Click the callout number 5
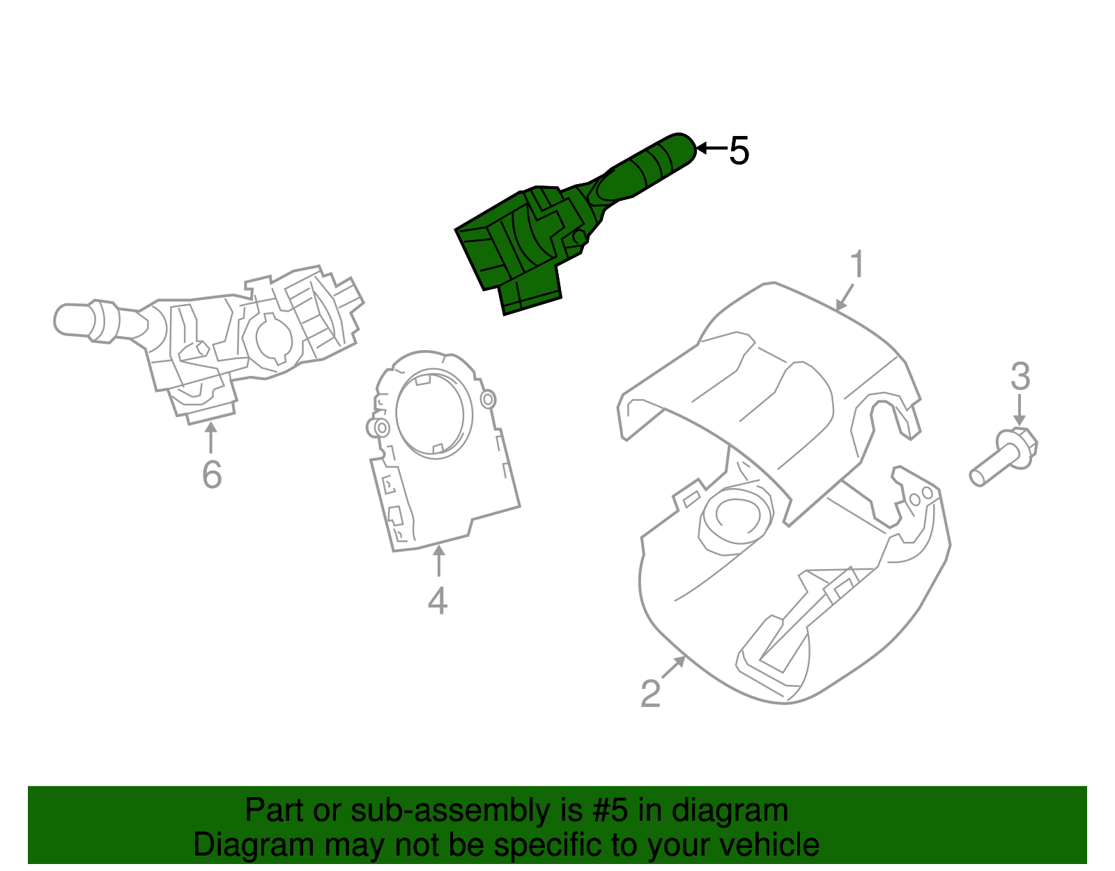click(x=739, y=151)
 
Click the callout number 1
click(x=857, y=265)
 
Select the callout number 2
click(x=650, y=694)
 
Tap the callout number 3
click(x=1020, y=377)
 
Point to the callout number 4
click(x=438, y=601)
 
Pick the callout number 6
click(x=212, y=476)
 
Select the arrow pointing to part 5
click(x=711, y=149)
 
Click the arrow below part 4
click(x=438, y=561)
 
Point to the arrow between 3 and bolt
click(x=1020, y=410)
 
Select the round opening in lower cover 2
click(x=735, y=516)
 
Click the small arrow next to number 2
click(x=673, y=667)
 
